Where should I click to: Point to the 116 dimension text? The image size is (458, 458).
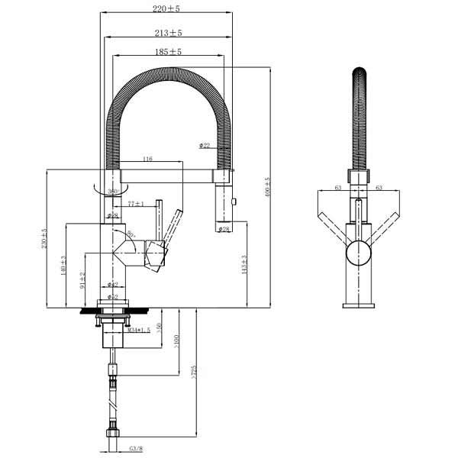coord(147,159)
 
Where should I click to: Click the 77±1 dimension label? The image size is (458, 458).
coord(137,204)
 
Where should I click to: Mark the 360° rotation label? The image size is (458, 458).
coord(113,191)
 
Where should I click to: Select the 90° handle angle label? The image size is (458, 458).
coord(131,236)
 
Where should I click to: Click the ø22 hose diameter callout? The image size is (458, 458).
coord(205,145)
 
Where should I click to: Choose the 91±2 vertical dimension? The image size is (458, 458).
coord(82,280)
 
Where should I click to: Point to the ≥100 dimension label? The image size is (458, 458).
coord(176,339)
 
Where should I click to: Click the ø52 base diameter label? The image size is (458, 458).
coord(112,297)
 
